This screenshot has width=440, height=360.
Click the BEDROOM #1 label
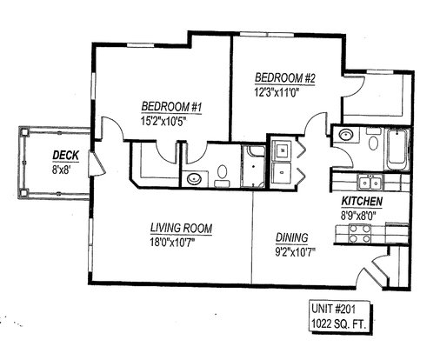point(171,107)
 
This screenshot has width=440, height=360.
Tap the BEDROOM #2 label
point(285,78)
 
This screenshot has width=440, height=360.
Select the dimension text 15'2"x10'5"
point(163,121)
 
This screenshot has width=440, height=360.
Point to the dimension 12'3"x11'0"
point(277,92)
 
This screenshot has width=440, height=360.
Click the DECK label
point(65,156)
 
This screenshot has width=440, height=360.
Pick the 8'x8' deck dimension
point(62,170)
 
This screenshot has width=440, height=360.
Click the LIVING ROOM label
point(181,228)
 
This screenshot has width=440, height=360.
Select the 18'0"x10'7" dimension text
point(172,242)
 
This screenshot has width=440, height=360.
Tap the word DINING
point(291,237)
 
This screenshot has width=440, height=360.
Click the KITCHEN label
point(362,201)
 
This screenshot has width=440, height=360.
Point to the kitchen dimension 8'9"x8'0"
point(358,216)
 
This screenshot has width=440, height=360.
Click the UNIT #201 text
point(333,309)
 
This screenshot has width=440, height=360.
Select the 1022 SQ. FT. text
point(337,323)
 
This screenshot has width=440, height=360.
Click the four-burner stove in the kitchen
point(360,234)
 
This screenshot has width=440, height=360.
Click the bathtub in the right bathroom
point(397,150)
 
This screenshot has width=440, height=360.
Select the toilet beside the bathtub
point(373,140)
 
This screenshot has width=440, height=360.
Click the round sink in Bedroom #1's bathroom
point(194,179)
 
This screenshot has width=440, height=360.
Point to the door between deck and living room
point(96,164)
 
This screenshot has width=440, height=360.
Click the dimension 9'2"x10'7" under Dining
point(295,252)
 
